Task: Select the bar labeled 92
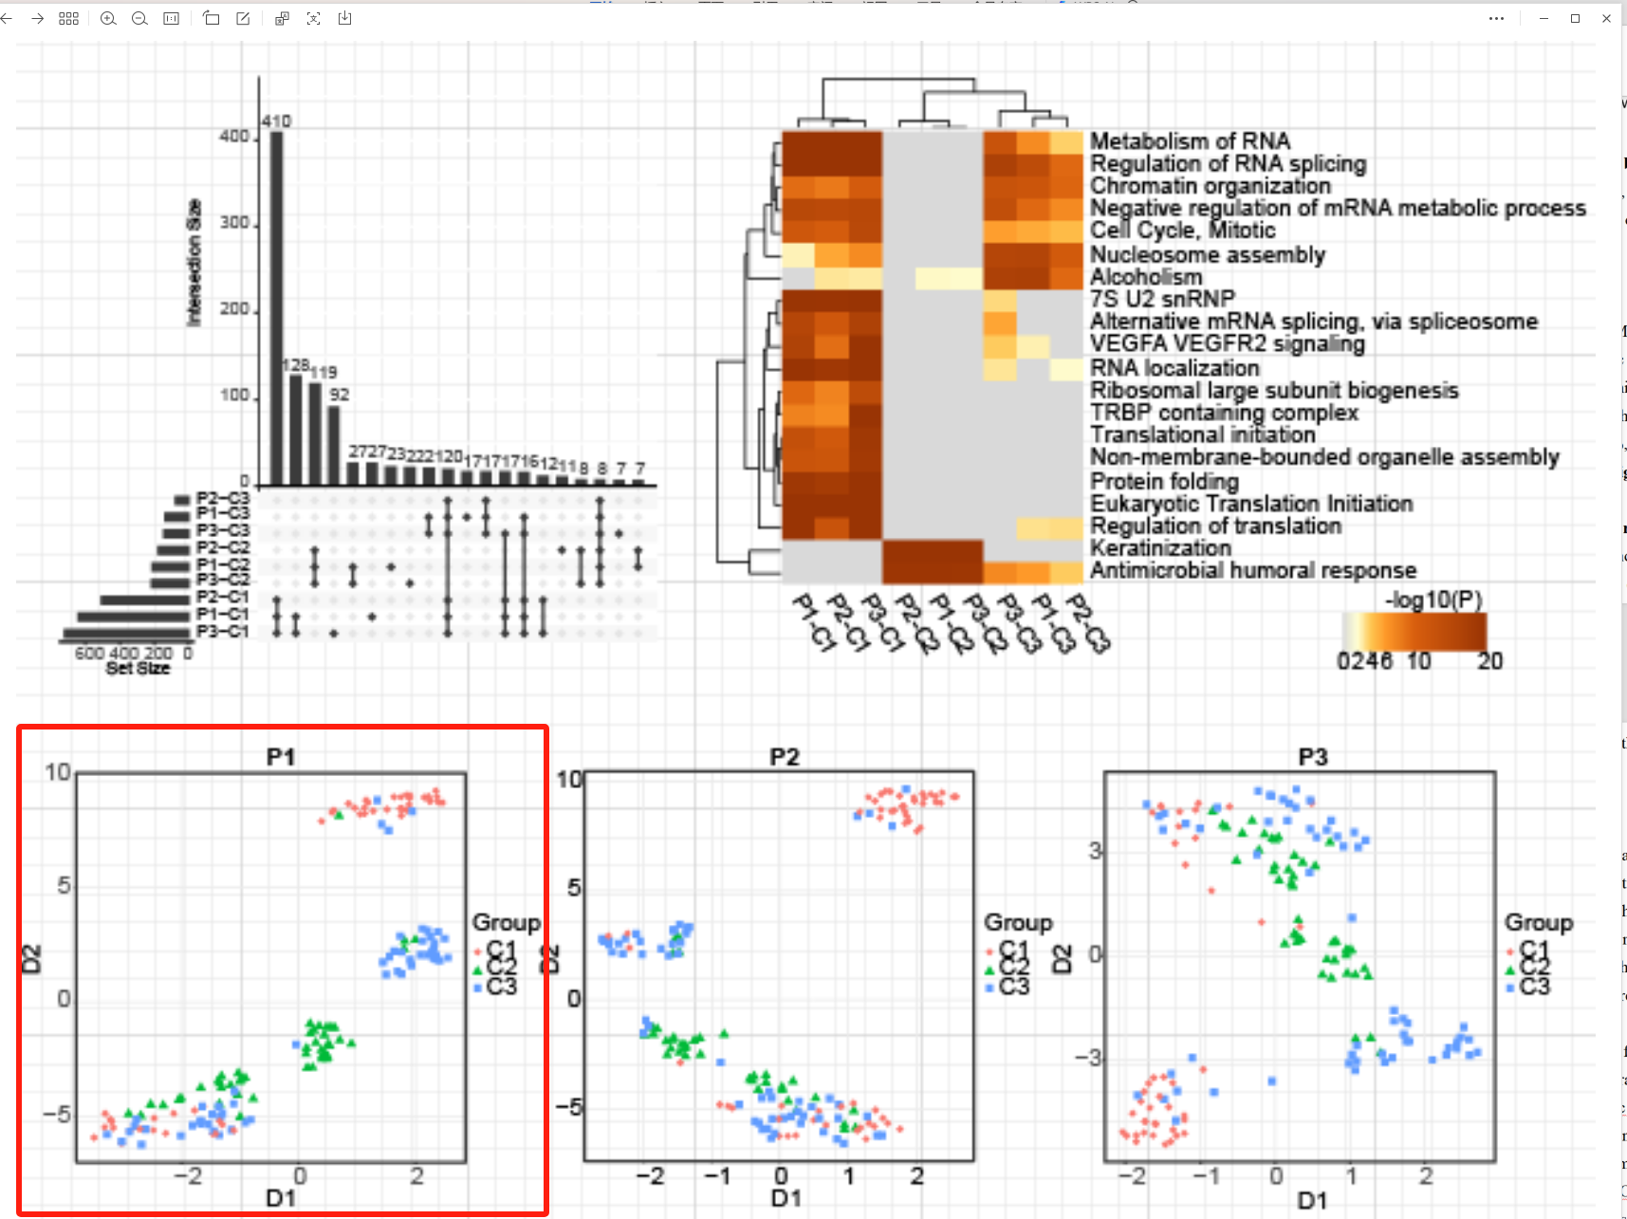334,445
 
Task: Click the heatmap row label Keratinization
1160,548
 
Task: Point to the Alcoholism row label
1145,277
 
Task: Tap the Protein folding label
1164,481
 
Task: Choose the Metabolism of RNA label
1190,141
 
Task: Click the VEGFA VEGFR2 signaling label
1227,344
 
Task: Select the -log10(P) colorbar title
1433,600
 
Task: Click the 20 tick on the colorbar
1489,661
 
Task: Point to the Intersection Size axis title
194,263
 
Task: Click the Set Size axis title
138,668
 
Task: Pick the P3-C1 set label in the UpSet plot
223,632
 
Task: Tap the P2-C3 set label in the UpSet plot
223,498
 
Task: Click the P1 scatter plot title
281,756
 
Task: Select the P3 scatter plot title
1313,756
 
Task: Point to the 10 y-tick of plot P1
58,772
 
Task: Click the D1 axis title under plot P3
1312,1201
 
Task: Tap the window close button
1606,18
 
